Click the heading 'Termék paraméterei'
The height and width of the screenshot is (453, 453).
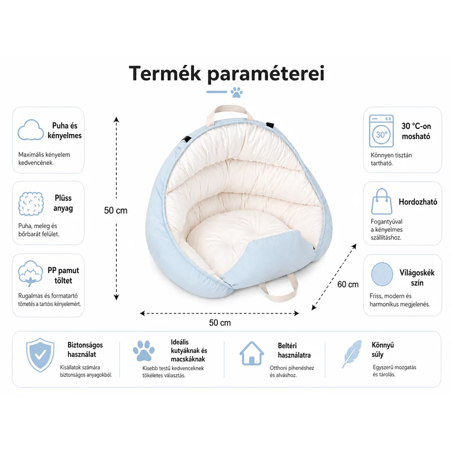tap(227, 73)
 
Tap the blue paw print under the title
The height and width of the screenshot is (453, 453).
tap(237, 93)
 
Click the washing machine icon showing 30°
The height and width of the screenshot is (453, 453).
tap(382, 131)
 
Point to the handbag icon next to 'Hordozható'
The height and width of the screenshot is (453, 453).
tap(382, 201)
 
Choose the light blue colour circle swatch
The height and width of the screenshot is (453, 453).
tap(382, 274)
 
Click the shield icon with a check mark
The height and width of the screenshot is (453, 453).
tap(40, 355)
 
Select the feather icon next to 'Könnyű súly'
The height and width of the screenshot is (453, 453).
tap(352, 354)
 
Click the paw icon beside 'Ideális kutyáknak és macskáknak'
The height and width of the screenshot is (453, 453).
tap(143, 351)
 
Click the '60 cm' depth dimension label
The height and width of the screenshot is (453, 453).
tap(348, 284)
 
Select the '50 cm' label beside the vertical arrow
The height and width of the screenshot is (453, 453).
tap(116, 210)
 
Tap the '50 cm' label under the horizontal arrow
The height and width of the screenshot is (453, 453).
tap(220, 323)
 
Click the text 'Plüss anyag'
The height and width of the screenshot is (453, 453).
tap(63, 203)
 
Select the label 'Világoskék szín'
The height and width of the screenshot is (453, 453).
tap(417, 278)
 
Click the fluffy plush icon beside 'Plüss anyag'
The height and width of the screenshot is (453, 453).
tap(31, 204)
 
